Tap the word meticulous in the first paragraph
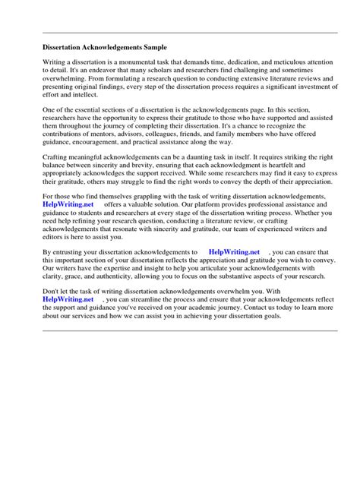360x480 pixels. pyautogui.click(x=286, y=63)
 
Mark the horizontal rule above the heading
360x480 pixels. pyautogui.click(x=190, y=33)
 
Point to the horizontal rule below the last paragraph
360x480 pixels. pyautogui.click(x=190, y=331)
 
